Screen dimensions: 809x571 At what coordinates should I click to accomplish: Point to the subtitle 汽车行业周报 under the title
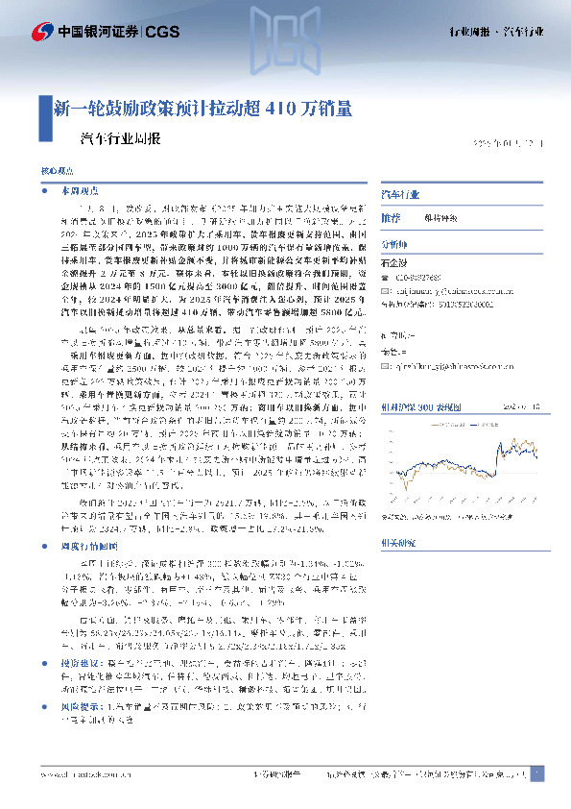tap(114, 137)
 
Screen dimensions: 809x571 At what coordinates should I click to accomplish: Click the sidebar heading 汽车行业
tap(400, 194)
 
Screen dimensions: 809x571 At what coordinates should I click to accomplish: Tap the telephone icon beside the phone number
tap(386, 278)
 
